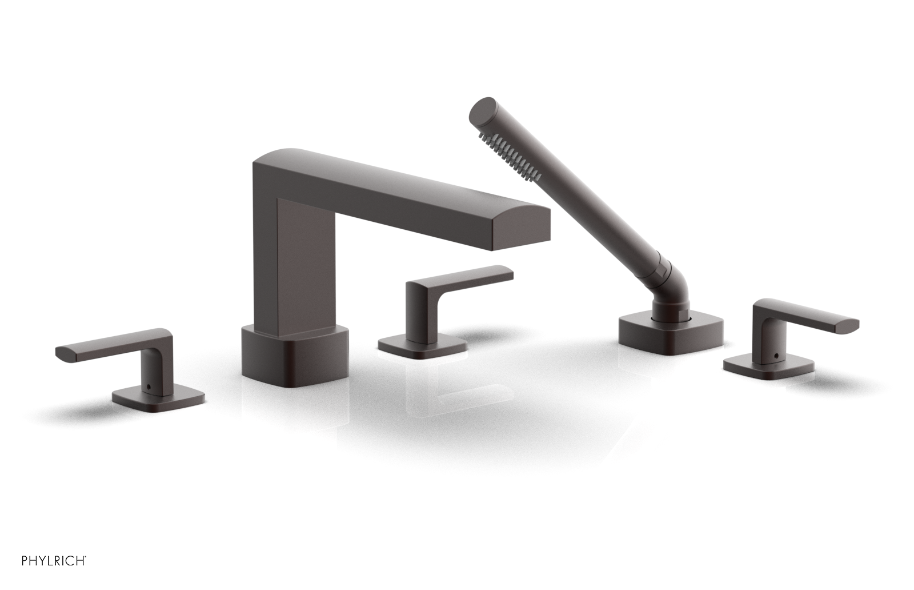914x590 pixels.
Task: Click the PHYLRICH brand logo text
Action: coord(54,561)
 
